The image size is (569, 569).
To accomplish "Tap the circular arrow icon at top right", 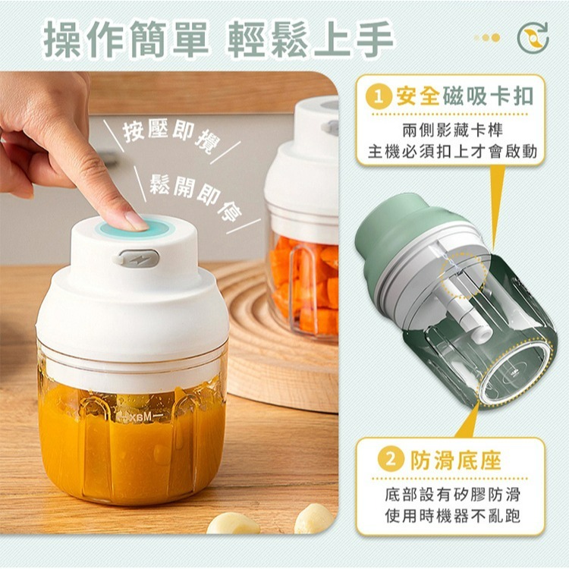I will [533, 38].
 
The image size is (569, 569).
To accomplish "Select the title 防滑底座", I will [455, 461].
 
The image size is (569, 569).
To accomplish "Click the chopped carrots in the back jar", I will [303, 281].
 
